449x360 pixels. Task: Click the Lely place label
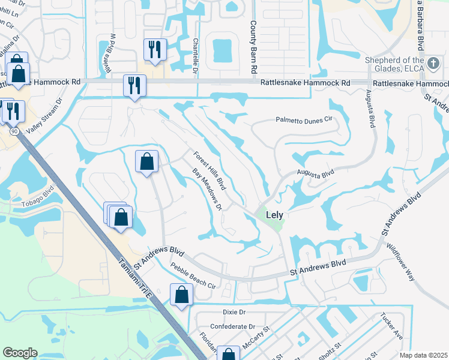[271, 214]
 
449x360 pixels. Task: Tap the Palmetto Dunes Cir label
[304, 120]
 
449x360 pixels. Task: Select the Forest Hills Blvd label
[209, 170]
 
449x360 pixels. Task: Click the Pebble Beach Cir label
[193, 274]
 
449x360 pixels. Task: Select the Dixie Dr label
[234, 312]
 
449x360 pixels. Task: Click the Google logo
[19, 353]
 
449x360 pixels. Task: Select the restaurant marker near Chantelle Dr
[154, 49]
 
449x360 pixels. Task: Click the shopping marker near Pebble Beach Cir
[181, 295]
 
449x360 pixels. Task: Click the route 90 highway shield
[14, 130]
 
